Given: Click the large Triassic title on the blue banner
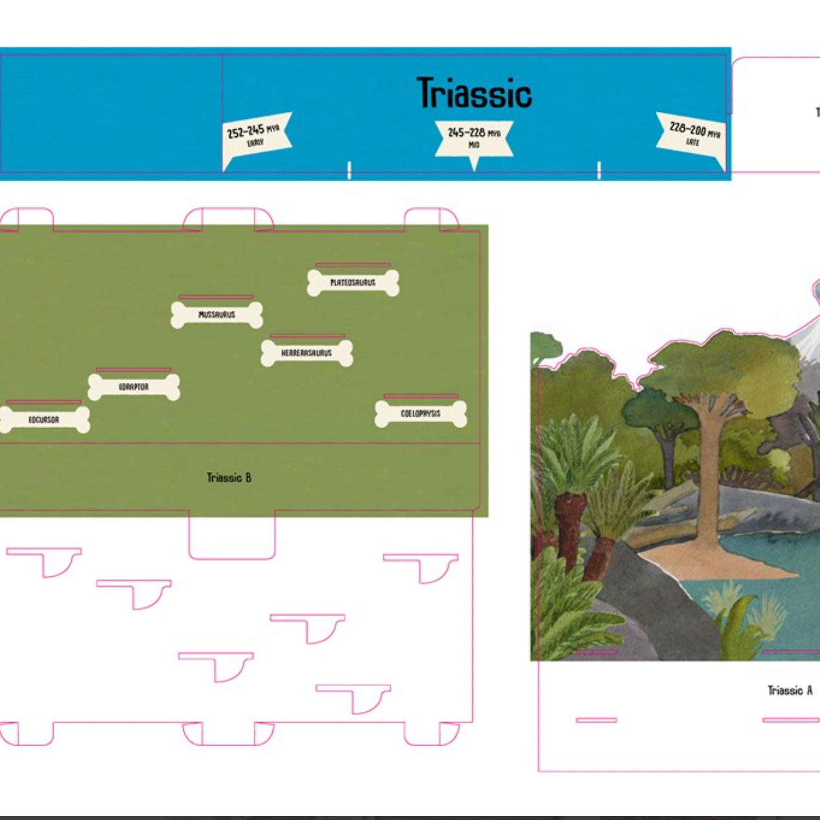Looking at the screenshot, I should [474, 93].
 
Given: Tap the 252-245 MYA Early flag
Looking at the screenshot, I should [255, 136].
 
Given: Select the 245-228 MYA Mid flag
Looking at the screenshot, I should [474, 138].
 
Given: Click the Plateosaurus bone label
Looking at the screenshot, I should [353, 283].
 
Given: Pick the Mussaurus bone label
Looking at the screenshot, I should [217, 315].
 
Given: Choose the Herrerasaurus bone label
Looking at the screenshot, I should [307, 353].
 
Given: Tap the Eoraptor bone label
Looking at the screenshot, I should [134, 387].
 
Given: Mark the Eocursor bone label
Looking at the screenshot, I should [44, 420].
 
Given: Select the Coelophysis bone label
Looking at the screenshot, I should [420, 414].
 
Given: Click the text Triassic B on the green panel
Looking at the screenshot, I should [229, 478].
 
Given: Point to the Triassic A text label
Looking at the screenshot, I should [790, 691].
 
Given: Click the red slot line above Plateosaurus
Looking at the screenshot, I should [353, 264].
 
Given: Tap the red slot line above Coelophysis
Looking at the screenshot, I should [420, 396].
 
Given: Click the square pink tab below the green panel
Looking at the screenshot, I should [232, 537].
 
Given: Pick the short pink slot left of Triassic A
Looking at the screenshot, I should [596, 720].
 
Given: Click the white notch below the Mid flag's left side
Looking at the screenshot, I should [349, 171].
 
